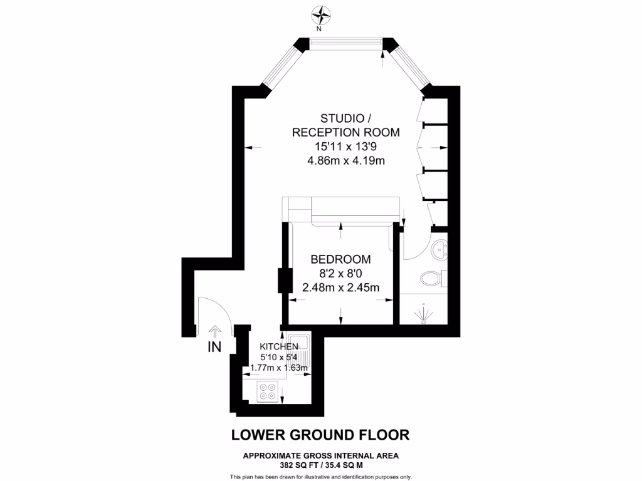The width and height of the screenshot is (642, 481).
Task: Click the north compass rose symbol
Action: [x=322, y=14]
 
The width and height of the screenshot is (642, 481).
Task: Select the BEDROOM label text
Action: [x=340, y=259]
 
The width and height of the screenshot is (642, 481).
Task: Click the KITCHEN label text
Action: [x=279, y=346]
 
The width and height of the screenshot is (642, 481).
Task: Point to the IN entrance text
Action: [x=214, y=346]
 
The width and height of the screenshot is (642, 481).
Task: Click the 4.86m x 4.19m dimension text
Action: [x=345, y=160]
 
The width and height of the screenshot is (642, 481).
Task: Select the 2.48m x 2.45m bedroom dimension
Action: [x=340, y=287]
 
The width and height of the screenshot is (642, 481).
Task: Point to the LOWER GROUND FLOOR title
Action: [x=320, y=435]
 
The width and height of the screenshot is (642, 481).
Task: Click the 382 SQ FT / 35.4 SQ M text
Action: [x=320, y=465]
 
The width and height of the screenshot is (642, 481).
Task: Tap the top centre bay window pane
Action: [x=346, y=43]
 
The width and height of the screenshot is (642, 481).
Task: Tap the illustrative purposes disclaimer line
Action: [x=320, y=477]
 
